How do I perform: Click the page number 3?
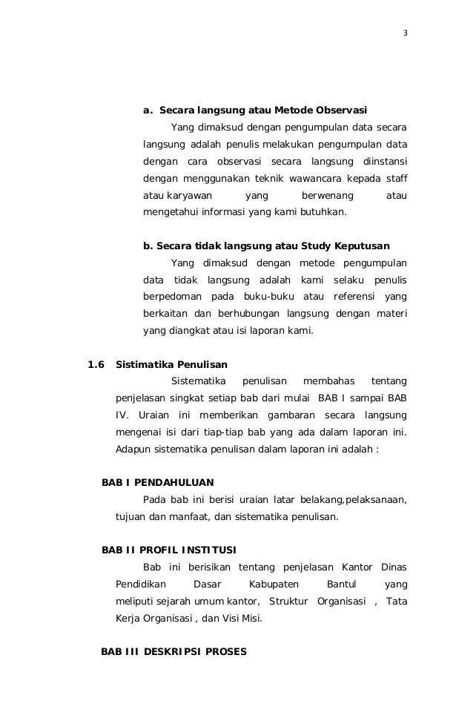pos(406,33)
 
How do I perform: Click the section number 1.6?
pos(97,364)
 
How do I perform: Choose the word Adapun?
pos(133,450)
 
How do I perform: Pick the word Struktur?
pos(288,602)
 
